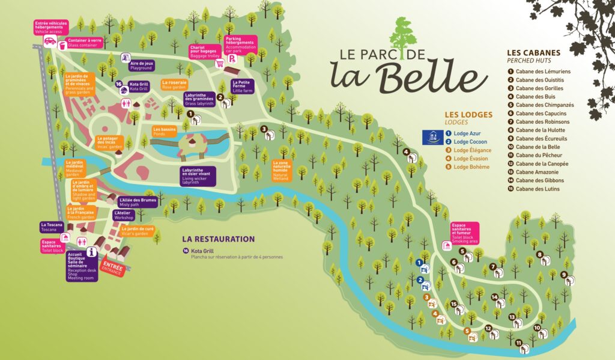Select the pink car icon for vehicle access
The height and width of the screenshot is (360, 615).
[x=50, y=41]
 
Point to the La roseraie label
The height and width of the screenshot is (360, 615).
[x=175, y=85]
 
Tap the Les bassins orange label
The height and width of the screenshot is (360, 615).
[x=164, y=131]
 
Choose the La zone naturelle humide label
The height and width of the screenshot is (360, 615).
[x=285, y=171]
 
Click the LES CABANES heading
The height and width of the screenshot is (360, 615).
[x=533, y=52]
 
